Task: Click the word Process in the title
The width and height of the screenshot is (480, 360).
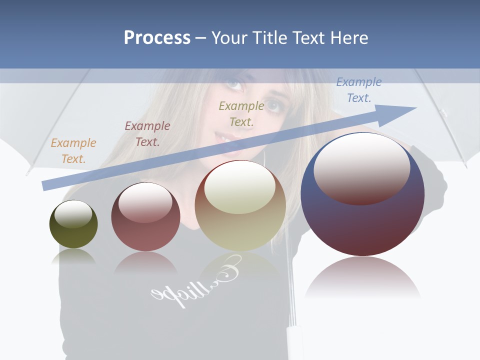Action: point(157,38)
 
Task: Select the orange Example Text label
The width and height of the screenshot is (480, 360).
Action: point(73,151)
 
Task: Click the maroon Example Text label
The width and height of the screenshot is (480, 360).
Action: point(147,134)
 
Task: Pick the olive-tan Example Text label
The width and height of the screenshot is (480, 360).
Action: point(241,113)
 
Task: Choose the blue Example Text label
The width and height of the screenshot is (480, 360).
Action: point(358,90)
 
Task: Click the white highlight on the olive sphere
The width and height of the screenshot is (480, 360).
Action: point(73,214)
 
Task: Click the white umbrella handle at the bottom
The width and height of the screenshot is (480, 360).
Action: point(294,342)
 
